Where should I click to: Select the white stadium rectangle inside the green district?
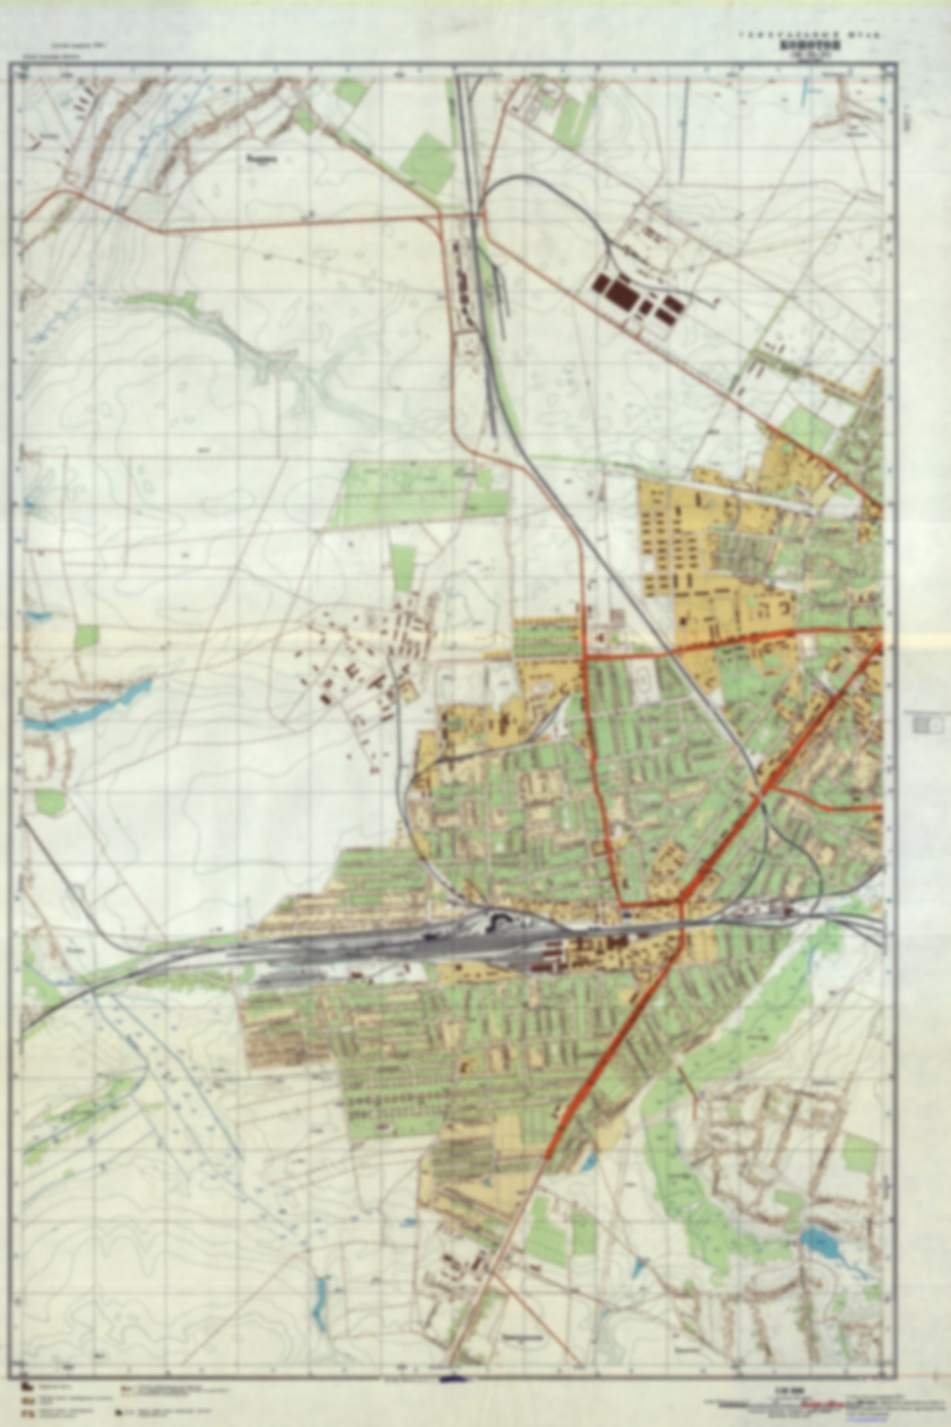click(x=640, y=677)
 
